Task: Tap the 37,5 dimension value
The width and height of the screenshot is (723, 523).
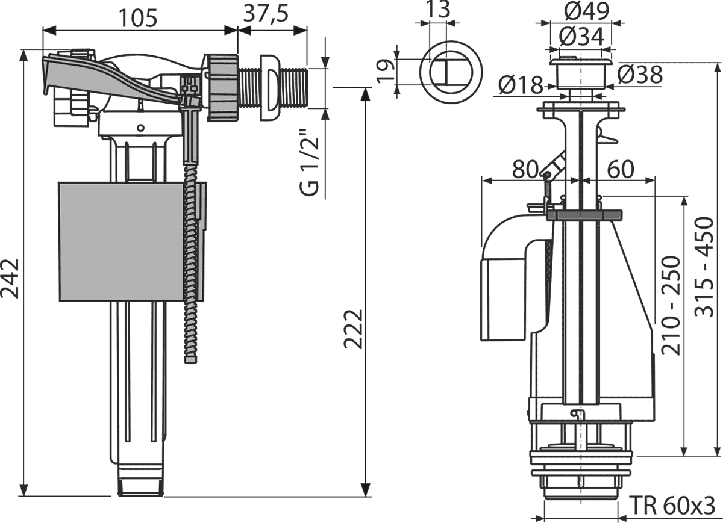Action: tap(266, 14)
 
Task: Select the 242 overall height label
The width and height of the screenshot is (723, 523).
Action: tap(10, 279)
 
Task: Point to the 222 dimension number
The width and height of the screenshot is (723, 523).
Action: tap(354, 329)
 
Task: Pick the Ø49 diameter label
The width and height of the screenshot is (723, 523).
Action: tap(587, 11)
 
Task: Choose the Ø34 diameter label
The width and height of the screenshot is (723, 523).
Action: tap(581, 36)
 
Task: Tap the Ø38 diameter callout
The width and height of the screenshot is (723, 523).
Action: tap(640, 75)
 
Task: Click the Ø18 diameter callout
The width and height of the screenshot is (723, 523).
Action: tap(521, 85)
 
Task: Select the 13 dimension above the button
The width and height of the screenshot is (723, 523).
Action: tap(440, 10)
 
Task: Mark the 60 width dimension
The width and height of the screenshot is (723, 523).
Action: tap(621, 170)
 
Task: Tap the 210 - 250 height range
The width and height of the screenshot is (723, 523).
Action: tap(671, 306)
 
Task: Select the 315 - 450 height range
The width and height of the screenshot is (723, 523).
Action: tap(704, 267)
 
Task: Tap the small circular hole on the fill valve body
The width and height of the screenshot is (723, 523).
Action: tap(140, 128)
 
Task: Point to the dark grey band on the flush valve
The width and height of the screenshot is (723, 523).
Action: tap(584, 215)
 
